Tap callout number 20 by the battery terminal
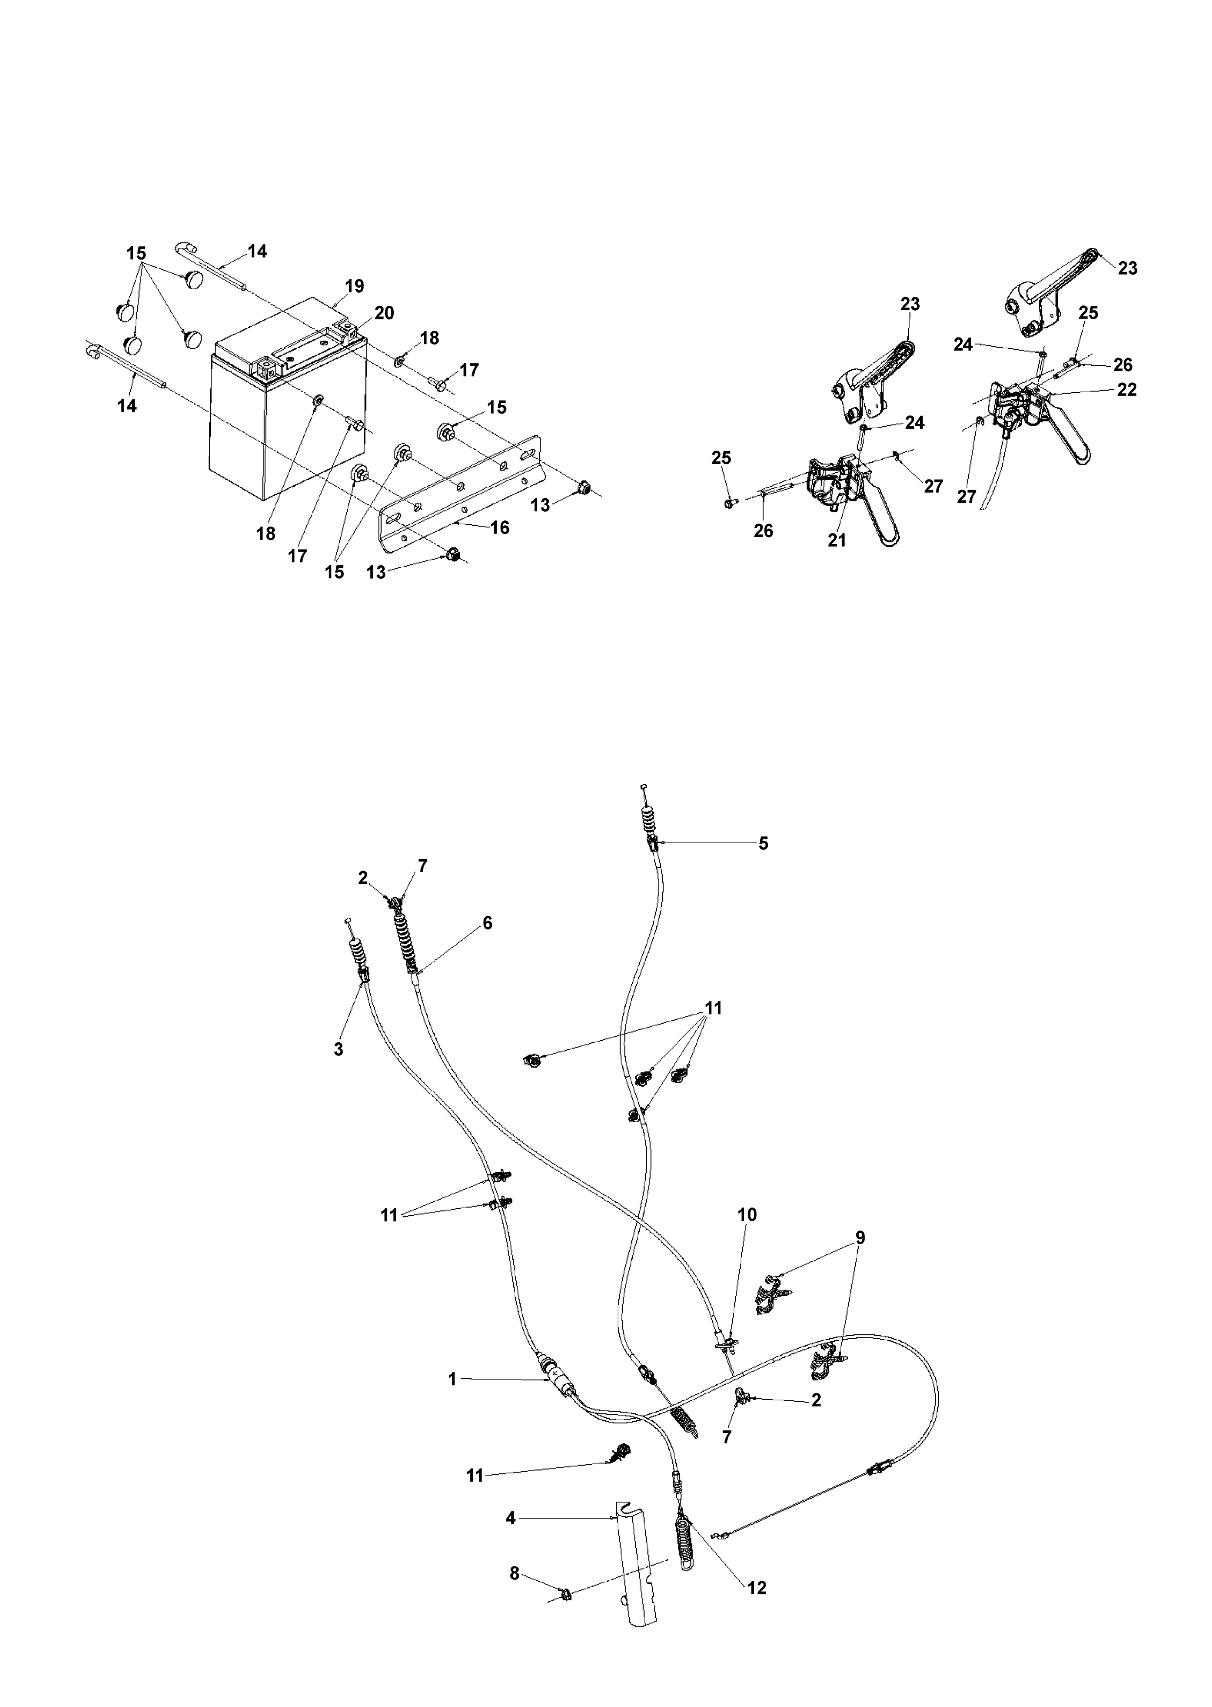pyautogui.click(x=384, y=313)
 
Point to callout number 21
pyautogui.click(x=837, y=540)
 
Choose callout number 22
pyautogui.click(x=1127, y=390)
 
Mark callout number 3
pyautogui.click(x=339, y=1049)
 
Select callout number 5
pyautogui.click(x=763, y=843)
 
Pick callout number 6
pyautogui.click(x=487, y=923)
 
